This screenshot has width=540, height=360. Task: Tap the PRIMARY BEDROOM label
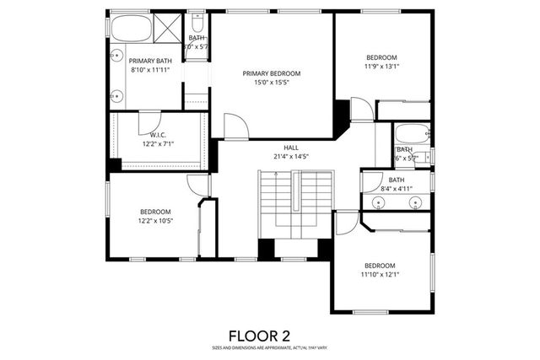pos(271,73)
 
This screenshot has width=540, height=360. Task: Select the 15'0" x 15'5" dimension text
pos(271,83)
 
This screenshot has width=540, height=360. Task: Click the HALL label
pos(291,147)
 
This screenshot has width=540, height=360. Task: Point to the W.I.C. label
pos(159,135)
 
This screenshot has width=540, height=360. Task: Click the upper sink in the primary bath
pos(116,55)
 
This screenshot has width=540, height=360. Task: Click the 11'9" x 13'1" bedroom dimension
pos(381,65)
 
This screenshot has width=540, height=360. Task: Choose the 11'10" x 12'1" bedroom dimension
pos(381,273)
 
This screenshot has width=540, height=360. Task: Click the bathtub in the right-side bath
pos(413,134)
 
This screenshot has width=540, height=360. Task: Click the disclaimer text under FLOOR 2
pos(270,347)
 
